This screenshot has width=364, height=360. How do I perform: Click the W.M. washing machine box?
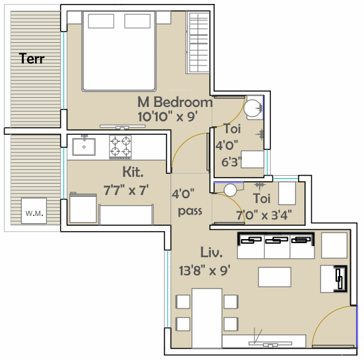(x=34, y=211)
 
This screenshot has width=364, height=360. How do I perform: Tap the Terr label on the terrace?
(x=32, y=58)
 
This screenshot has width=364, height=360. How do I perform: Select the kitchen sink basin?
(x=84, y=147)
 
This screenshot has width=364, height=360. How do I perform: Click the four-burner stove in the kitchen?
(x=120, y=147)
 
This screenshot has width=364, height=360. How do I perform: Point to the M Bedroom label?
(x=175, y=102)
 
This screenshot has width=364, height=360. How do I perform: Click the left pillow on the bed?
(x=101, y=21)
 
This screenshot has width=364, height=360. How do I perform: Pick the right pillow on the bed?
(x=137, y=21)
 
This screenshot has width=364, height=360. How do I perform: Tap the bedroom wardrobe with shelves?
(x=198, y=42)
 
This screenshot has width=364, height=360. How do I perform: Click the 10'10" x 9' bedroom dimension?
(x=168, y=116)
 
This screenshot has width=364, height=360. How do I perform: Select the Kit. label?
(x=133, y=172)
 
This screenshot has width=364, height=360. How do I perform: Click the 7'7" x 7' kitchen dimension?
(x=126, y=190)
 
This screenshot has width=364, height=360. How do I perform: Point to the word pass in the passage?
(x=190, y=211)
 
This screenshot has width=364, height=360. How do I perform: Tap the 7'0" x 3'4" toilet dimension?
(x=264, y=215)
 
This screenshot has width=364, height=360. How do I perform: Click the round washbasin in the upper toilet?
(x=252, y=108)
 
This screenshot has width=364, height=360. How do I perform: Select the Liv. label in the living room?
(x=211, y=252)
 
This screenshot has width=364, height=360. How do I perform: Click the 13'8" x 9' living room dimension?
(x=205, y=270)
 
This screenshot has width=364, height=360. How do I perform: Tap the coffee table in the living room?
(x=275, y=277)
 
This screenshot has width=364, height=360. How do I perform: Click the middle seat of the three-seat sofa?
(x=277, y=246)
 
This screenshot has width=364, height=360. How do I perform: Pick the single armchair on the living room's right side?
(x=334, y=279)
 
